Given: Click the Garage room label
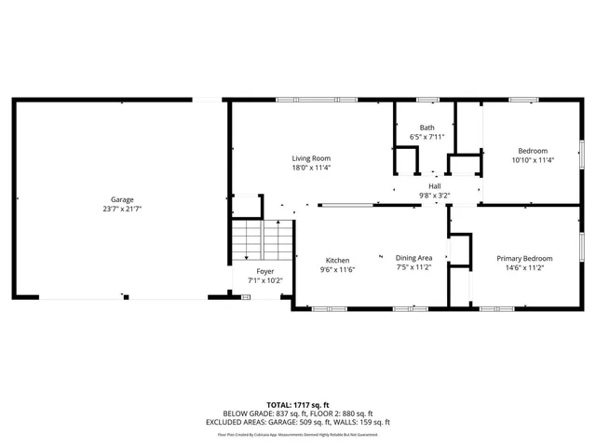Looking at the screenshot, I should click(122, 199).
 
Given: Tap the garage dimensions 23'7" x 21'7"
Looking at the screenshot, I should click(122, 209).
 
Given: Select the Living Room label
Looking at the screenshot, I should click(311, 158).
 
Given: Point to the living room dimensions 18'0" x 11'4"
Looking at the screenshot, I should click(311, 169).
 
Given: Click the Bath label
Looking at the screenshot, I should click(427, 128).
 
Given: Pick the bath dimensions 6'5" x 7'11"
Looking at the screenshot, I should click(427, 137).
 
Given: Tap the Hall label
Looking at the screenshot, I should click(434, 186).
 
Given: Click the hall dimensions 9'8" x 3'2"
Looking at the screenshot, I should click(434, 196).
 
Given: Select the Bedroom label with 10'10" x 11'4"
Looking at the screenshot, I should click(533, 151).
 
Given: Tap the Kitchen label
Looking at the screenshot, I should click(337, 260).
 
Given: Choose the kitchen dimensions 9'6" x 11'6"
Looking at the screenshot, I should click(337, 269).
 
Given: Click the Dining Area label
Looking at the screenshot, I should click(413, 257).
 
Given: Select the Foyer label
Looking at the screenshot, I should click(265, 271).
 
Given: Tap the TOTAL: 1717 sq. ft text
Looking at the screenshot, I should click(297, 405).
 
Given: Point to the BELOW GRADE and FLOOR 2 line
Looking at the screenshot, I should click(297, 413).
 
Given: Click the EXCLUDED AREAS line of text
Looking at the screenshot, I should click(297, 422).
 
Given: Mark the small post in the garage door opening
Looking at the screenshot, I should click(126, 297).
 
